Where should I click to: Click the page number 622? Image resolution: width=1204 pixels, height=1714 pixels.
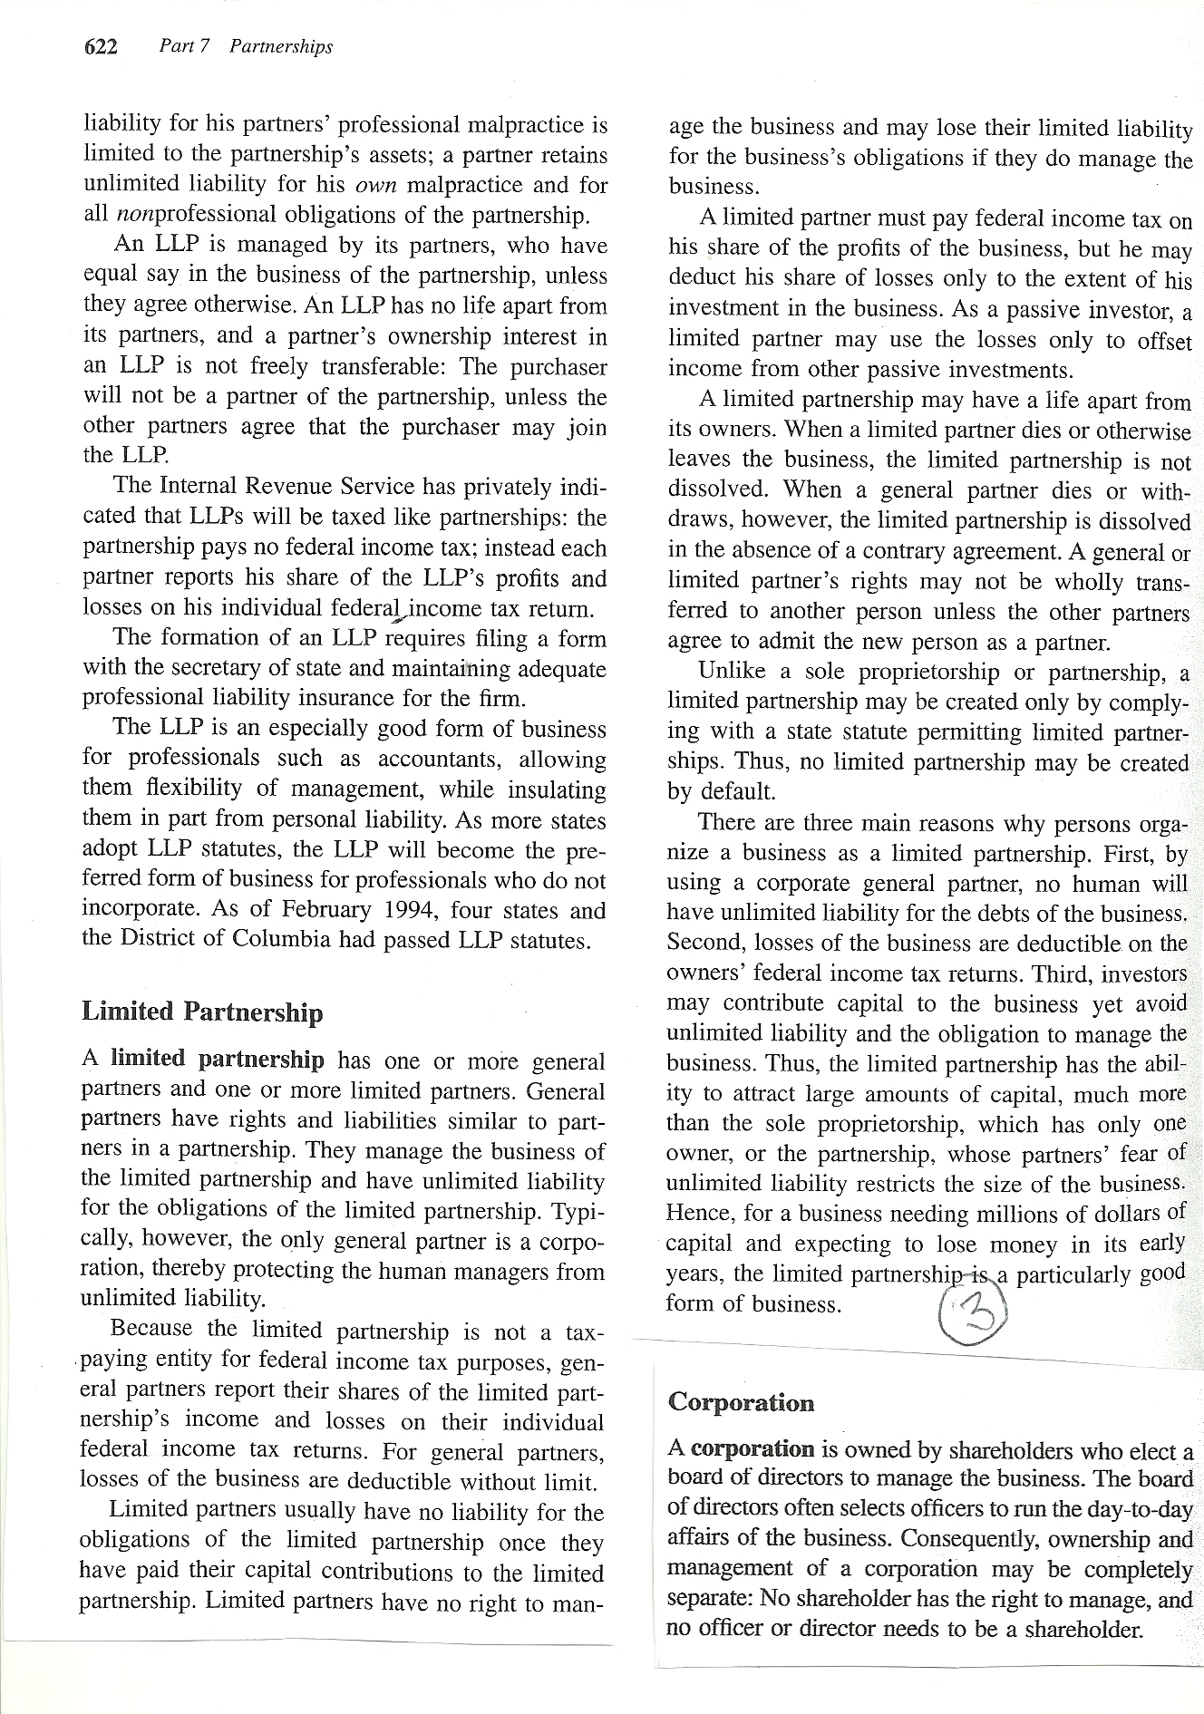(102, 47)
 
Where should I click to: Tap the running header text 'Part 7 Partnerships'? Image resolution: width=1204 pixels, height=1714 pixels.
(246, 46)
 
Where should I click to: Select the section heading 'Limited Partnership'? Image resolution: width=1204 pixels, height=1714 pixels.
(202, 1012)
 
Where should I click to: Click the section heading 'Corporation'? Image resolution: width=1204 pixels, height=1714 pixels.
(741, 1402)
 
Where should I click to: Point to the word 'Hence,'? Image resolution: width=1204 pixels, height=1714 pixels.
(697, 1213)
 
